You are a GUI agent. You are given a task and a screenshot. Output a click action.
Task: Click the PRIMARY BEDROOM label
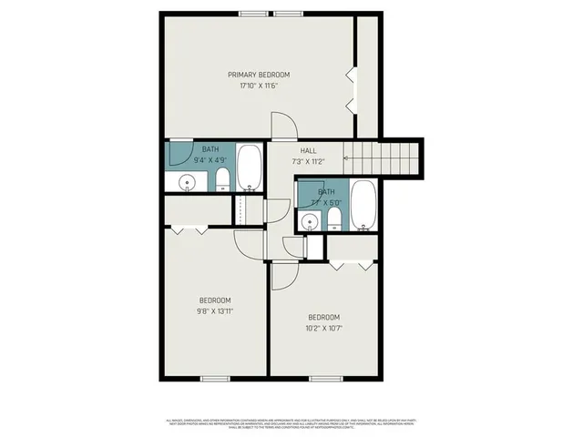pyautogui.click(x=258, y=75)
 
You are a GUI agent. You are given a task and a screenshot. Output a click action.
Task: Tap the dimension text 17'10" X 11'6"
pyautogui.click(x=258, y=86)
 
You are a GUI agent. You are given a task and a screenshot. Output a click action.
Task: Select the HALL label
pyautogui.click(x=308, y=150)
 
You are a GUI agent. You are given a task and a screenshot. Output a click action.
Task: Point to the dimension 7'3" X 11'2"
pyautogui.click(x=308, y=161)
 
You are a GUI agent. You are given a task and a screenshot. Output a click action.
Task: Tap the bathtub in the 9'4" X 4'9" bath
pyautogui.click(x=250, y=168)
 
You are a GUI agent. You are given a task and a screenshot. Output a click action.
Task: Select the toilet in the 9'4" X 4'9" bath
pyautogui.click(x=223, y=182)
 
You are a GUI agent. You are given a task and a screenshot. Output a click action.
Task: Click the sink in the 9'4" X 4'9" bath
pyautogui.click(x=187, y=182)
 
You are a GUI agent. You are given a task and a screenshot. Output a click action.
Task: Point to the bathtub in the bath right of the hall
pyautogui.click(x=363, y=206)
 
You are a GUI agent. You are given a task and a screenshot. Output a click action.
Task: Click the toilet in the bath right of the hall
pyautogui.click(x=334, y=218)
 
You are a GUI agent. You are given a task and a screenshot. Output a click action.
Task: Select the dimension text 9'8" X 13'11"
pyautogui.click(x=215, y=311)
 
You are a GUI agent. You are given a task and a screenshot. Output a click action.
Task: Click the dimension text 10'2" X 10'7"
pyautogui.click(x=324, y=328)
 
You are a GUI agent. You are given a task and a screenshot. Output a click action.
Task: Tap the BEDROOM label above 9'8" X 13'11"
pyautogui.click(x=215, y=300)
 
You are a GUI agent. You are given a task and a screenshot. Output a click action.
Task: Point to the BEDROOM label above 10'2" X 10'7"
pyautogui.click(x=324, y=317)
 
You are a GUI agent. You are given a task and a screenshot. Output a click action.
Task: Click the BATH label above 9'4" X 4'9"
pyautogui.click(x=210, y=149)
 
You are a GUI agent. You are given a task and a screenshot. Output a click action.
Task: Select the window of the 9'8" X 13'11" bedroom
pyautogui.click(x=215, y=377)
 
